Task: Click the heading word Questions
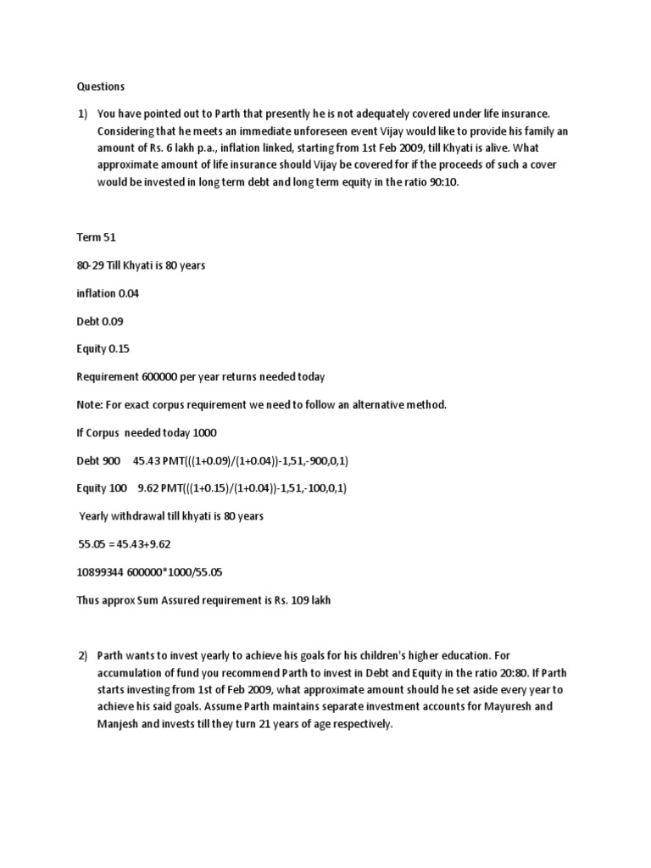click(101, 86)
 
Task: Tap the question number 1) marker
click(82, 114)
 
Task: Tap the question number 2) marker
click(83, 656)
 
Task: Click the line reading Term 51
click(95, 238)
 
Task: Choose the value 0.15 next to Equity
click(120, 349)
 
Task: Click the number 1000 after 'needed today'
click(203, 433)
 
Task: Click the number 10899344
click(101, 572)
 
